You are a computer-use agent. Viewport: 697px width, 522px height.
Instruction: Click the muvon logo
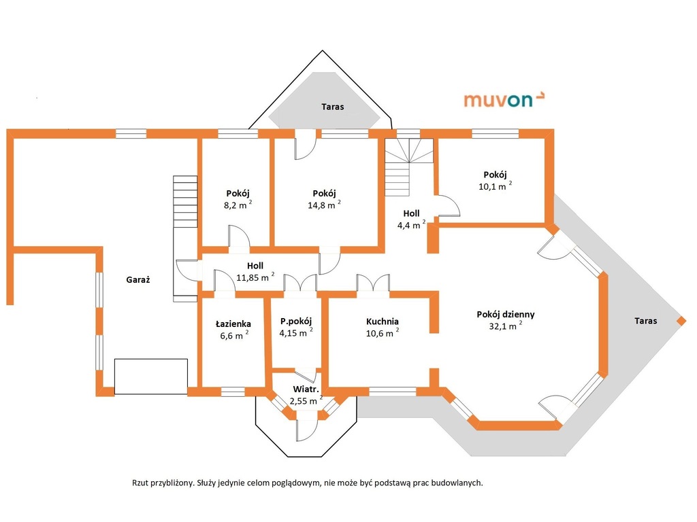pyautogui.click(x=504, y=100)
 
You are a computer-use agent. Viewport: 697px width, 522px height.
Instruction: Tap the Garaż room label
pyautogui.click(x=137, y=279)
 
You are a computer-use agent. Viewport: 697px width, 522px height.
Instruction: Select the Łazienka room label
pyautogui.click(x=233, y=324)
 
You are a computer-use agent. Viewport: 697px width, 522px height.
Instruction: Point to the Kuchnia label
pyautogui.click(x=383, y=321)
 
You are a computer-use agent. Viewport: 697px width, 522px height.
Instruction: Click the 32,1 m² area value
pyautogui.click(x=506, y=326)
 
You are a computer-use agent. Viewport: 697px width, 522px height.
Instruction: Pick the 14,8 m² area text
pyautogui.click(x=324, y=205)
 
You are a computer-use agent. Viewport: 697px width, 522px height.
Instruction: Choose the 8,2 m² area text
pyautogui.click(x=238, y=205)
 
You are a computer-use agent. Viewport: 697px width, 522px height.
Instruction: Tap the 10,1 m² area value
pyautogui.click(x=495, y=186)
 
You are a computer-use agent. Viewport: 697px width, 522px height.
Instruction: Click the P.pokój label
pyautogui.click(x=296, y=321)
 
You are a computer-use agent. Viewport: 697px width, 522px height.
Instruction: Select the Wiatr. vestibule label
pyautogui.click(x=306, y=389)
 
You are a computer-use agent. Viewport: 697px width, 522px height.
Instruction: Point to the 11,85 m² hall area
pyautogui.click(x=255, y=277)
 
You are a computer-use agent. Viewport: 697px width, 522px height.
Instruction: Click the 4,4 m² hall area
pyautogui.click(x=411, y=224)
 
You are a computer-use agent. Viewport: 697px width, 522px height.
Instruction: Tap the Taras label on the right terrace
pyautogui.click(x=645, y=321)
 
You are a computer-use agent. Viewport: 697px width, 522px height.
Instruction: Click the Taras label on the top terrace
pyautogui.click(x=332, y=107)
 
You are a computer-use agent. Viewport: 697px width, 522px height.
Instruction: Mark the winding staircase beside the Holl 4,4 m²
pyautogui.click(x=409, y=167)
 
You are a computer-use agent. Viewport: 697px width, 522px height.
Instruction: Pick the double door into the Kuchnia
pyautogui.click(x=373, y=283)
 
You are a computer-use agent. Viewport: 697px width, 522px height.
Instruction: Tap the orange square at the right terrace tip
pyautogui.click(x=681, y=321)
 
